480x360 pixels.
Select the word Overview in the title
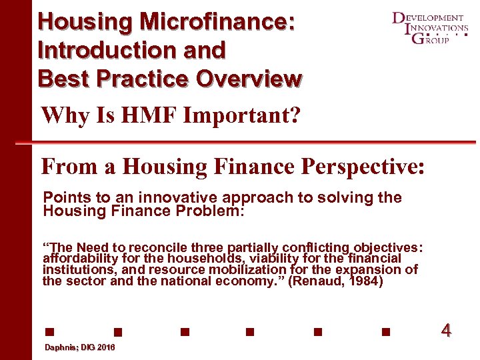[249, 78]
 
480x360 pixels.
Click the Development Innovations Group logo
[429, 27]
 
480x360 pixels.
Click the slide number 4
[446, 330]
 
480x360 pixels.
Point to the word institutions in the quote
[74, 269]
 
